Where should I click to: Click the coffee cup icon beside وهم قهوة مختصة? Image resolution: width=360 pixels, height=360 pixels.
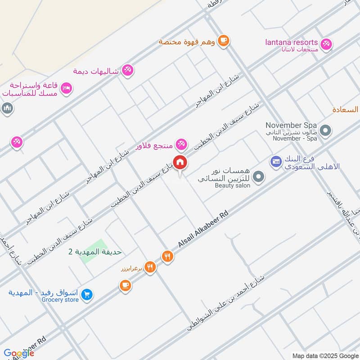click(x=223, y=41)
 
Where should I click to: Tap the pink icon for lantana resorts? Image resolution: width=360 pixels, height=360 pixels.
click(x=327, y=43)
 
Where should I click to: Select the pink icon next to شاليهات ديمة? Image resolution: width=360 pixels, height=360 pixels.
click(x=128, y=70)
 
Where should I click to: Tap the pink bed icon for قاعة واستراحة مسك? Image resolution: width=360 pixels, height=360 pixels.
click(x=66, y=88)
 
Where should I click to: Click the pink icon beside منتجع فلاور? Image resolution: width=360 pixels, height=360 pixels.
click(x=181, y=144)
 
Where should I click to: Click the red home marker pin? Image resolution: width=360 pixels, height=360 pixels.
click(x=180, y=163)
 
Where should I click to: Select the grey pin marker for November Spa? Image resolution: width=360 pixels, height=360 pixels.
click(x=326, y=131)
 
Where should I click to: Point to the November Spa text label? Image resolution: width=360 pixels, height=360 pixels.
click(x=292, y=125)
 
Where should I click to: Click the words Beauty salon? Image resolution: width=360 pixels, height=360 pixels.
click(x=232, y=185)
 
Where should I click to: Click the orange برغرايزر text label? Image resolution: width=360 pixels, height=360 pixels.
click(x=131, y=269)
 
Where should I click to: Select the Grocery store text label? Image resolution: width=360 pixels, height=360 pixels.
click(x=60, y=300)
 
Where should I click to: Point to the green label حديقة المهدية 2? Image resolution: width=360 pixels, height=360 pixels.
click(x=94, y=252)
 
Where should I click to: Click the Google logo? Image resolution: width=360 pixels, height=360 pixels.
click(x=19, y=353)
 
